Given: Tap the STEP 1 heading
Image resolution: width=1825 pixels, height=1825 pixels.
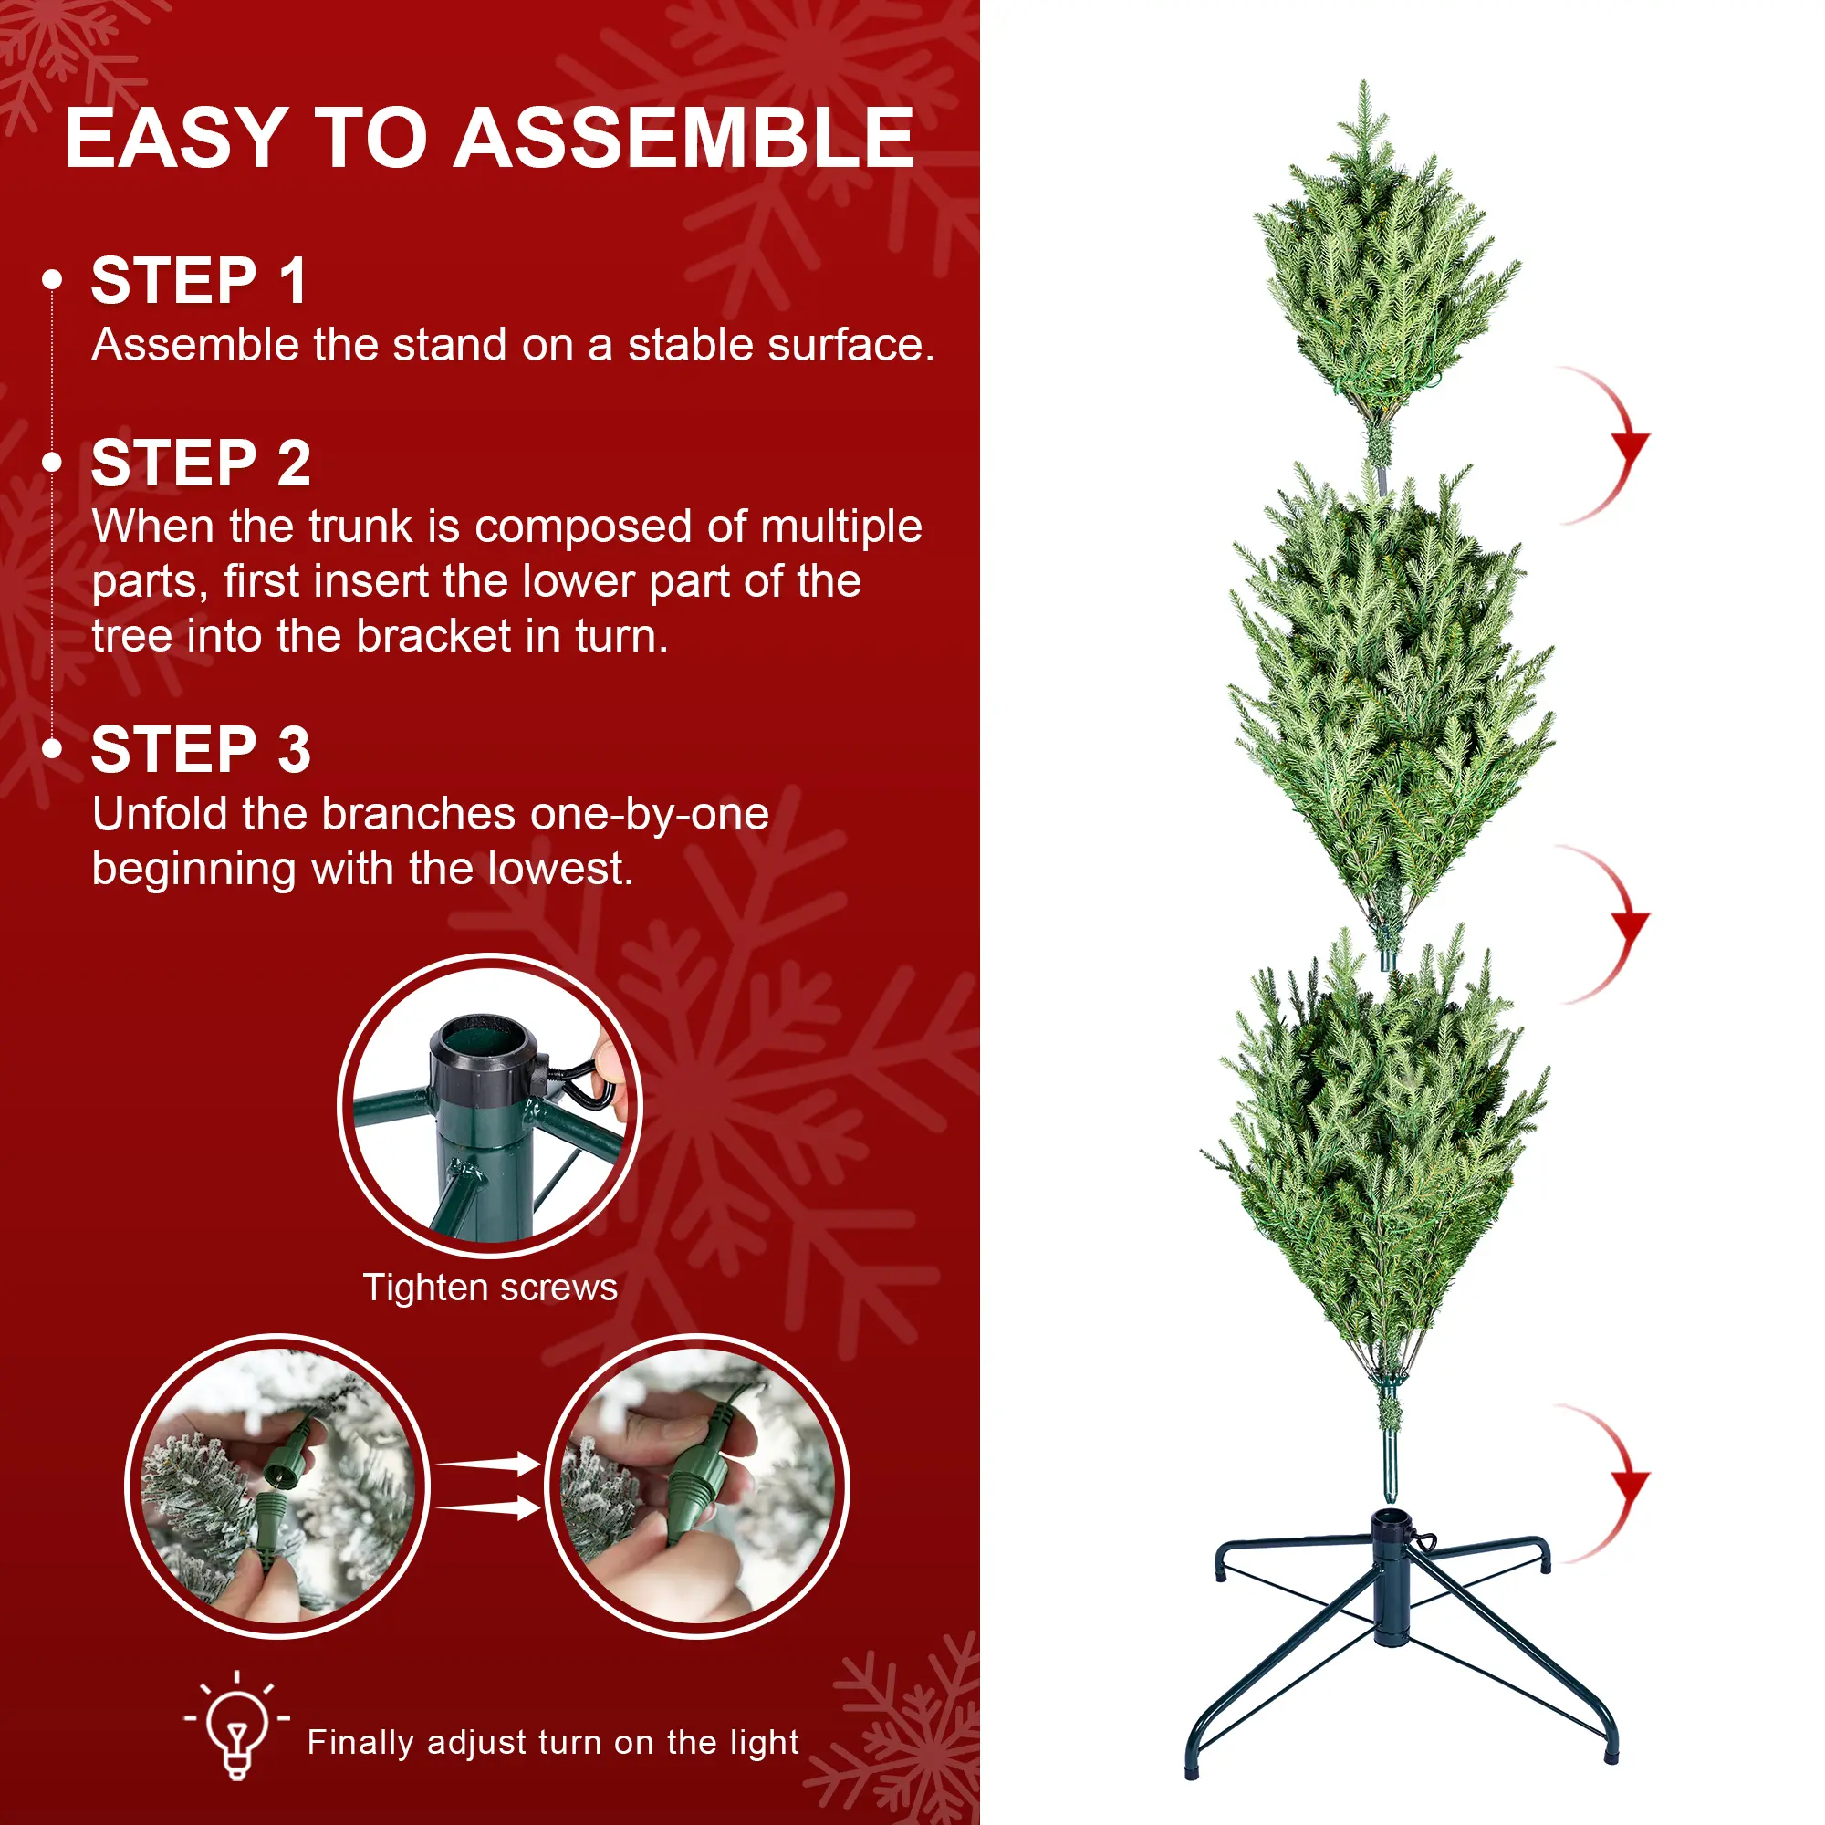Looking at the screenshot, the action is (x=199, y=280).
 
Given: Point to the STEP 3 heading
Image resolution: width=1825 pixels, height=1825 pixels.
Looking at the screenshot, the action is (x=201, y=750).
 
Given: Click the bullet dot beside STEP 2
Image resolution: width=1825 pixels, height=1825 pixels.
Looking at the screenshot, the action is (x=53, y=462).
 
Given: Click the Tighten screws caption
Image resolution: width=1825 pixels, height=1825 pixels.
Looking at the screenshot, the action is (x=490, y=1288).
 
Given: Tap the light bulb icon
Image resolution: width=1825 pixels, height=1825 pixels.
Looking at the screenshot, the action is (x=237, y=1726).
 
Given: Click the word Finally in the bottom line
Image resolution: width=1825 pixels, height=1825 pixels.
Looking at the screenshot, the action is (x=360, y=1743).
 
